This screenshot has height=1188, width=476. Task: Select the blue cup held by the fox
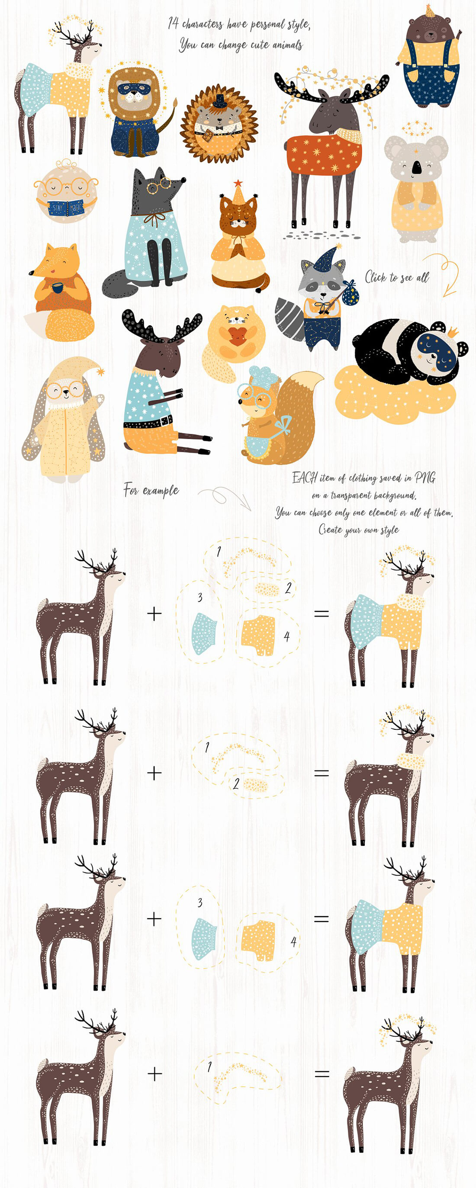click(x=58, y=288)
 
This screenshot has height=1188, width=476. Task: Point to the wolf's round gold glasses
click(x=158, y=186)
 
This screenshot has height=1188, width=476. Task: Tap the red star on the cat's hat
click(x=238, y=183)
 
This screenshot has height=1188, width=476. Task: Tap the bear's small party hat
click(x=430, y=11)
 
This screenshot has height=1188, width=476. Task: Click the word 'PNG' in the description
click(x=425, y=477)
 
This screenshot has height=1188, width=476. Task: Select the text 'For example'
click(x=151, y=490)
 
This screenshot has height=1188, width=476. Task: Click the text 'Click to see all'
click(x=397, y=277)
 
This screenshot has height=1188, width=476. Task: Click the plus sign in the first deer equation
click(x=154, y=613)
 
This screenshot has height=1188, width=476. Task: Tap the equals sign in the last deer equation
click(x=322, y=1074)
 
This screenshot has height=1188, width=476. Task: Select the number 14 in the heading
click(x=173, y=22)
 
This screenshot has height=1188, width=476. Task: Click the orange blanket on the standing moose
click(x=324, y=154)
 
